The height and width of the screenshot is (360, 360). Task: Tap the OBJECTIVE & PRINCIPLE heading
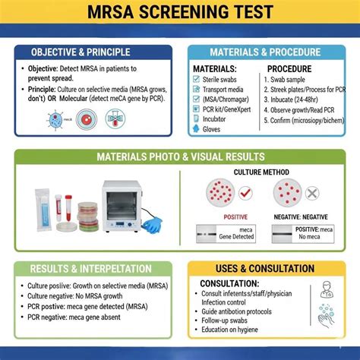pos(90,52)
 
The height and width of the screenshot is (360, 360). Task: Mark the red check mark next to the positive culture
pos(245,193)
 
